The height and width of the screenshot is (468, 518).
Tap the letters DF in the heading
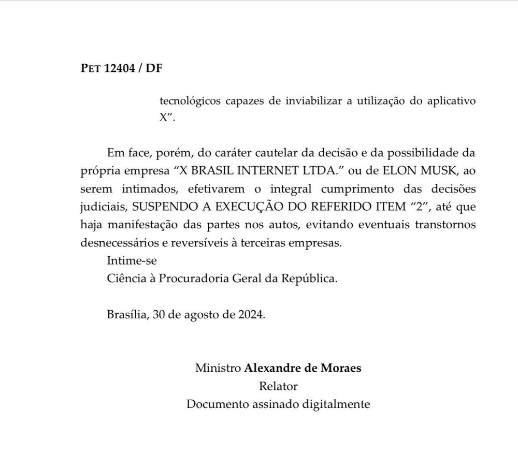(154, 68)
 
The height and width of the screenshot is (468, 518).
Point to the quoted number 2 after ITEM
(417, 207)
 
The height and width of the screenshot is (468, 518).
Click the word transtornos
(443, 225)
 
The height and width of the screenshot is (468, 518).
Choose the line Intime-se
(132, 260)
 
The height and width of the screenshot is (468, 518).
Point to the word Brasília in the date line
(128, 314)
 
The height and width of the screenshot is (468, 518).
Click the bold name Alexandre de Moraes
(303, 369)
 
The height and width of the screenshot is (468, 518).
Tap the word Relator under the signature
(278, 386)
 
